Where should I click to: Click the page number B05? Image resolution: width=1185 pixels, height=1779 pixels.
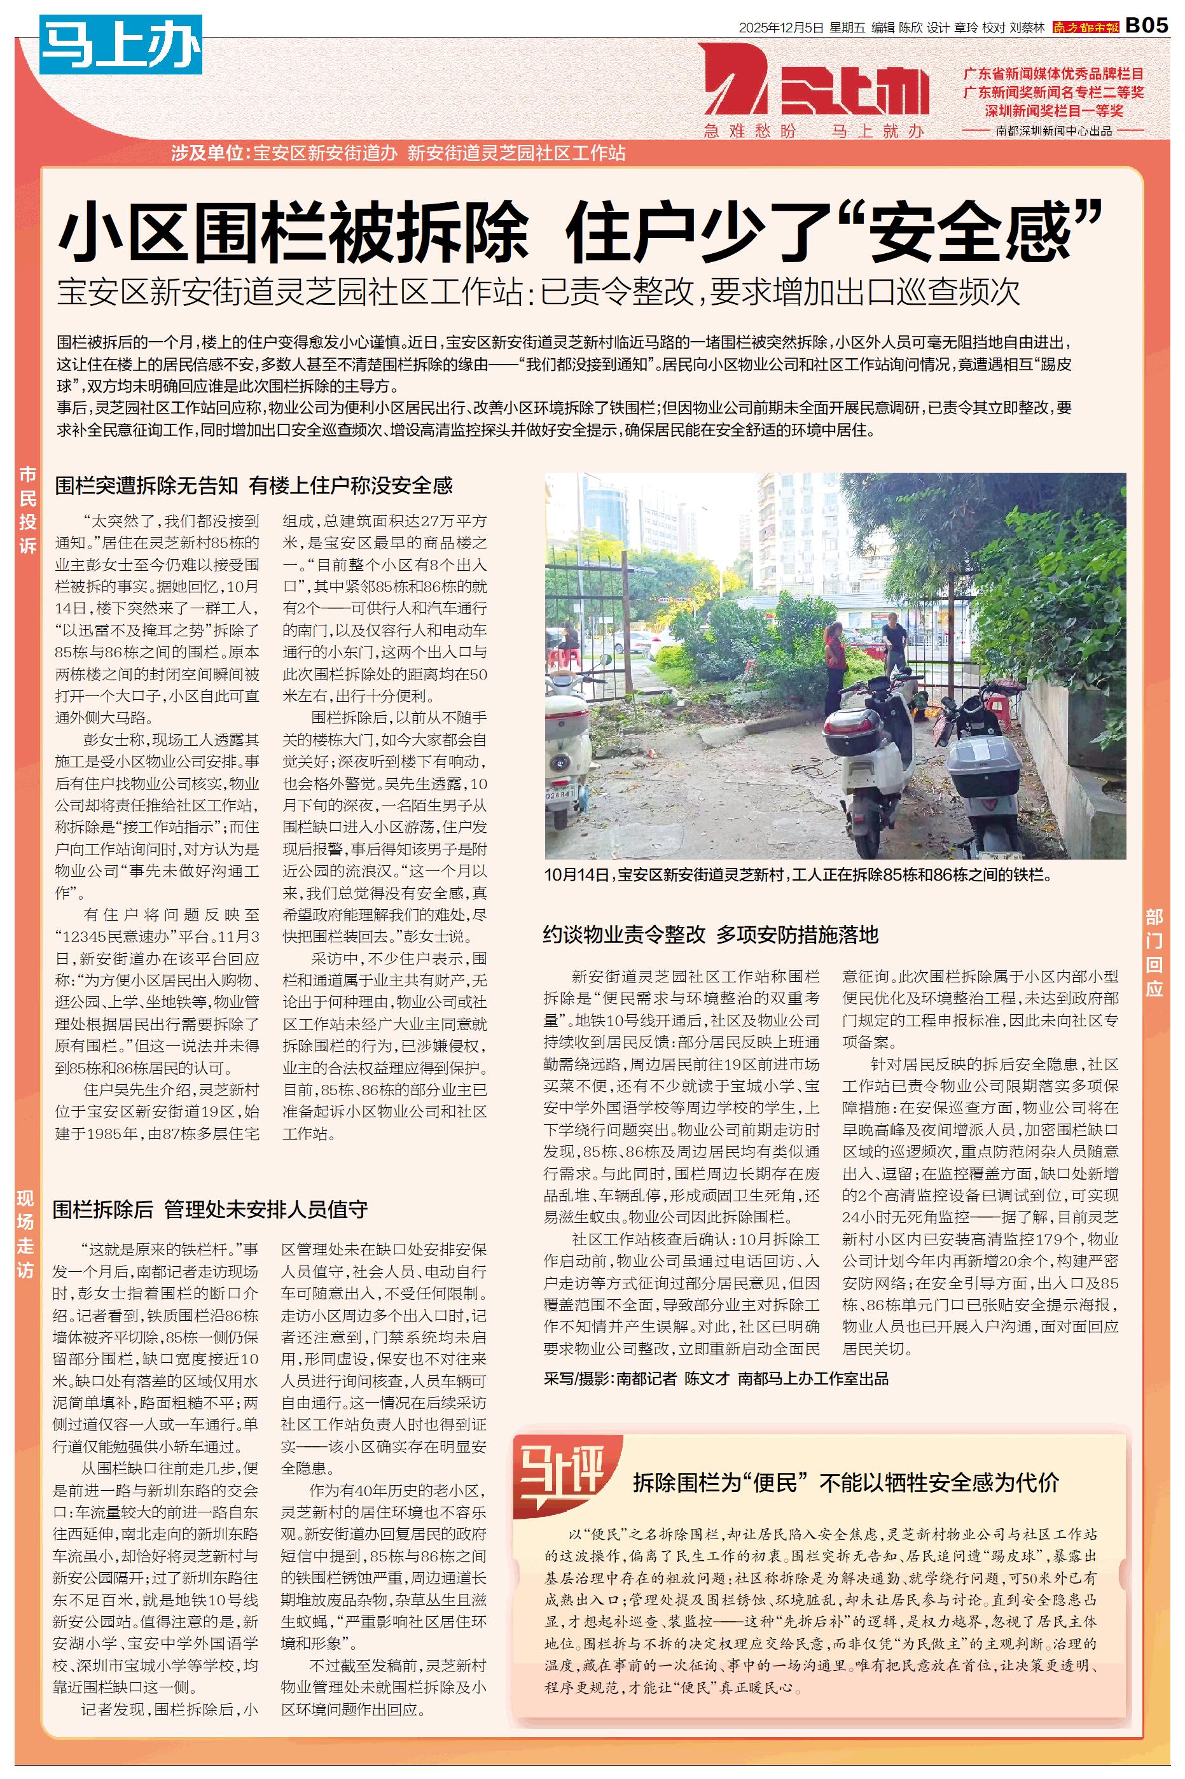pyautogui.click(x=1146, y=25)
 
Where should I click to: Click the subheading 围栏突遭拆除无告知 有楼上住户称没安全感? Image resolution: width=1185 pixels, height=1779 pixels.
pyautogui.click(x=254, y=485)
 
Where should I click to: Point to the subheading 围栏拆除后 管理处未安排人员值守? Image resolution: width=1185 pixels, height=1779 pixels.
pyautogui.click(x=210, y=1209)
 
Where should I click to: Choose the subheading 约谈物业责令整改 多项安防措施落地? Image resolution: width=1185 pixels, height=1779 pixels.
pyautogui.click(x=710, y=935)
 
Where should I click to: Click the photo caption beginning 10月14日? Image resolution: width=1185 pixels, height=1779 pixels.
pyautogui.click(x=797, y=875)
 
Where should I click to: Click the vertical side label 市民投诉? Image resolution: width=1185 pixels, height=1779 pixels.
pyautogui.click(x=28, y=510)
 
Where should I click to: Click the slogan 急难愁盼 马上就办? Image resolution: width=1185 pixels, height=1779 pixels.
pyautogui.click(x=814, y=132)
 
